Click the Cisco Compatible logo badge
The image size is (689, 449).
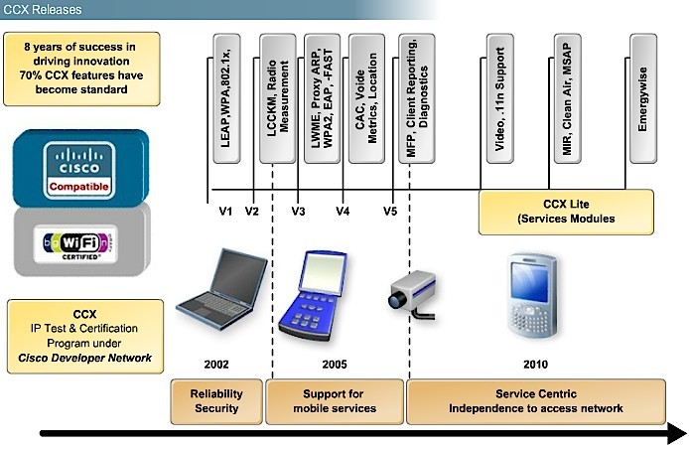coord(79,170)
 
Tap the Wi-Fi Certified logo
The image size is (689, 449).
coord(75,244)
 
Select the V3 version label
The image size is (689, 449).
coord(298,212)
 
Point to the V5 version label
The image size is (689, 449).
coord(390,212)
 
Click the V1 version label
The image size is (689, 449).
coord(225,212)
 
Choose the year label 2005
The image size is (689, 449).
coord(335,365)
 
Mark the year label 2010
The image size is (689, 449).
coord(536,365)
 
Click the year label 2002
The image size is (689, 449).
coord(216,365)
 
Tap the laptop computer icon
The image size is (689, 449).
coord(221,289)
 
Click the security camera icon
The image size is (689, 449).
coord(413,294)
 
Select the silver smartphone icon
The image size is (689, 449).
coord(532,296)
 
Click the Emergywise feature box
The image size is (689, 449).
coord(643,98)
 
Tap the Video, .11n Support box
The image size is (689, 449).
coord(500,98)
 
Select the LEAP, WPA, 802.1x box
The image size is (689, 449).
coord(226,98)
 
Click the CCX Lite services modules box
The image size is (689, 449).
coord(566,212)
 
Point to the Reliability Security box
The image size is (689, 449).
coord(216,401)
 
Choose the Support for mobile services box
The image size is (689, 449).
coord(335,401)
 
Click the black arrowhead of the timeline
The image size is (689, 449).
coord(677,434)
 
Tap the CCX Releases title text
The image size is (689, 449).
coord(42,10)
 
